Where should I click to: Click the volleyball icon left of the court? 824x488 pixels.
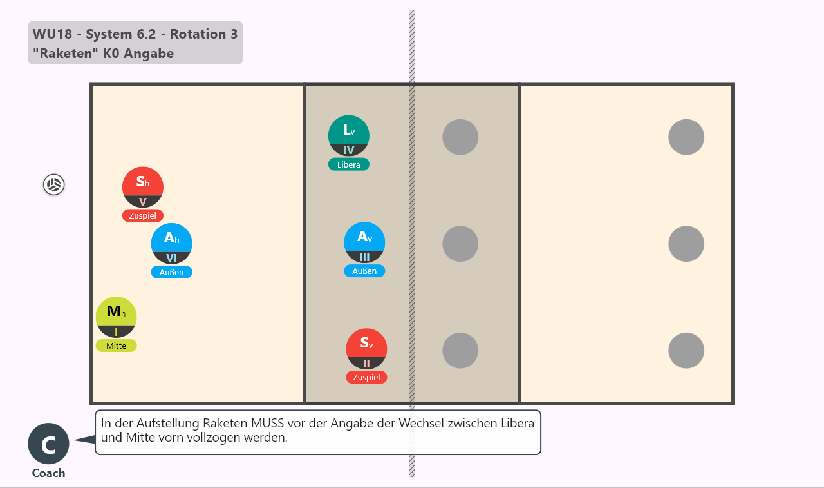[53, 184]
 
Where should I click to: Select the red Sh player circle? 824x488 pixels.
[143, 188]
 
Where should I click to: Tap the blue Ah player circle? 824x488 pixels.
[171, 244]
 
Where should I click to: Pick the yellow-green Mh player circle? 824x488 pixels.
[117, 317]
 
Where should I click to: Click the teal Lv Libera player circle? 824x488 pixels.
[349, 136]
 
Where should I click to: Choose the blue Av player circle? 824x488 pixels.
[364, 242]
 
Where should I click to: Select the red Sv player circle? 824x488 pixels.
[366, 349]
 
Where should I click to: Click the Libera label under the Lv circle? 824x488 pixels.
[349, 164]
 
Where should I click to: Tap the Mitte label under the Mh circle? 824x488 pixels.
[117, 346]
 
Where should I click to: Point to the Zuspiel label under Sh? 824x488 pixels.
[143, 215]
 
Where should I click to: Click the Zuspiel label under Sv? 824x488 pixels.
[366, 377]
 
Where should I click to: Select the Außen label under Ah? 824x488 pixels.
[171, 272]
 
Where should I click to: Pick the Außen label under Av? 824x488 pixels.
[364, 271]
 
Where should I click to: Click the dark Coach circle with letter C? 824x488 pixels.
[48, 444]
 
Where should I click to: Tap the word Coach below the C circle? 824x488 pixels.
[48, 473]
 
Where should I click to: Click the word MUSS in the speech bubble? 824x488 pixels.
[267, 423]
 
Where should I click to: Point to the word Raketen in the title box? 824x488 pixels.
[66, 54]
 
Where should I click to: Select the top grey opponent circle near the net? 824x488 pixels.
[460, 137]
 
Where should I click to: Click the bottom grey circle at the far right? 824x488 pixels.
[686, 350]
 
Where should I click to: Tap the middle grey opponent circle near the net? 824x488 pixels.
[460, 244]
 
